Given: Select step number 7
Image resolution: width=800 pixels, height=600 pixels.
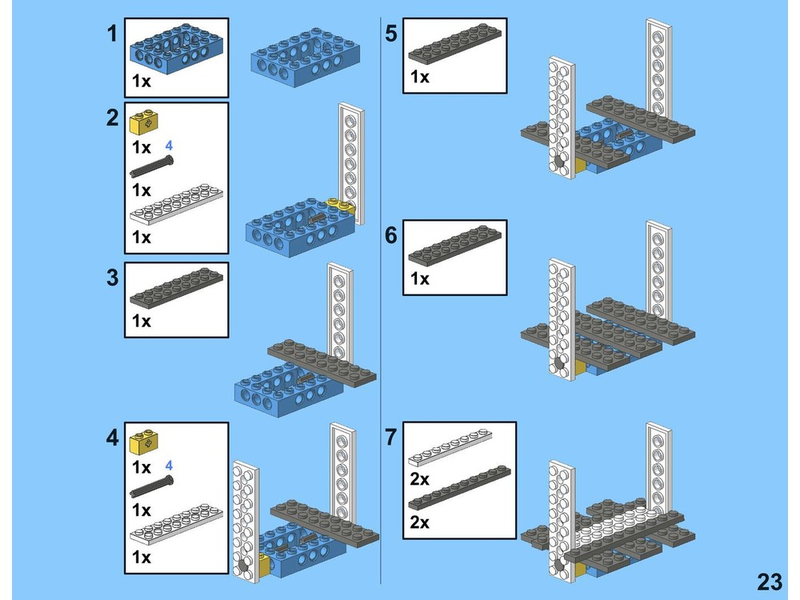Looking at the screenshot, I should point(390,438).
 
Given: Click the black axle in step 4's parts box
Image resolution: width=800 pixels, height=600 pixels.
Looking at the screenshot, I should point(150,487).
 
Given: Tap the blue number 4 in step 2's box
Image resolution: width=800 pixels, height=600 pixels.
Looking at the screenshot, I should point(169,146).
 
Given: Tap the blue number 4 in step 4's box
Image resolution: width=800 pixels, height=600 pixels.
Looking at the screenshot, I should point(169,466).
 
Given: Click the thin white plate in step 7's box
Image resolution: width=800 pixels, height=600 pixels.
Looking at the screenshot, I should point(449,447).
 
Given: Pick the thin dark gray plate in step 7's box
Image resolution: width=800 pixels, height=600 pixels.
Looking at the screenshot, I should point(449,490).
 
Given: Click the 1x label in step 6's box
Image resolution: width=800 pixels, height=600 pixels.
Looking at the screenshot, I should point(420,278).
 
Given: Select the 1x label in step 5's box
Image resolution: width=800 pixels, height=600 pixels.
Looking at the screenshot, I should point(420,77).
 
